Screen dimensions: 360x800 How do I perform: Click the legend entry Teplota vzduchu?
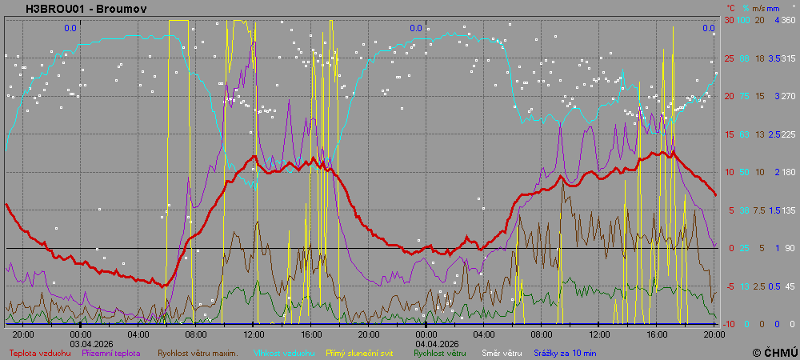(39, 352)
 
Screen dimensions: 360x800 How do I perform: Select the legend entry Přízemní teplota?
(111, 352)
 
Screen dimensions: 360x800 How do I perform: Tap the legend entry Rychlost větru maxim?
(198, 352)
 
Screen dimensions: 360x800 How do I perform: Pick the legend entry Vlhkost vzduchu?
(279, 352)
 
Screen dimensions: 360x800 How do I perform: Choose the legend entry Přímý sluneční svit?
(360, 352)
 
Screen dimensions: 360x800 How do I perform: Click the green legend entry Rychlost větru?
(439, 352)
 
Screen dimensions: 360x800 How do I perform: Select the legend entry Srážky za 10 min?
(566, 352)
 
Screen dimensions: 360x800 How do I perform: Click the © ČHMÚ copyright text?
(774, 352)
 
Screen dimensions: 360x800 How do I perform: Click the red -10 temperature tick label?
(729, 324)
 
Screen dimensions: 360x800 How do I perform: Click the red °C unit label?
(730, 7)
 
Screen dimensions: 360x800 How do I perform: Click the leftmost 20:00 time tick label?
(23, 334)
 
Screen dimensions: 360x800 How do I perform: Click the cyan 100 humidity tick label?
(743, 20)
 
